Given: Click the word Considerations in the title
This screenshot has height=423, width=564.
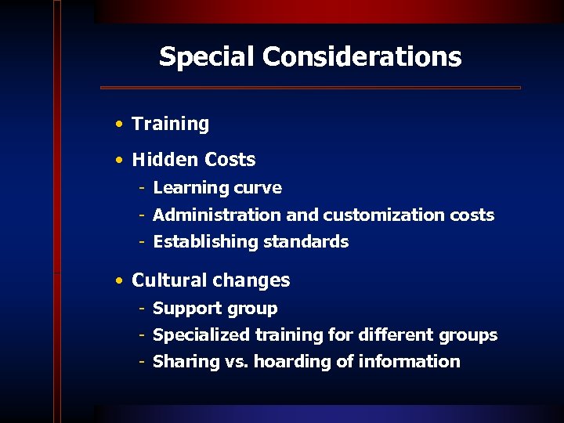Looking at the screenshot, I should point(362,57).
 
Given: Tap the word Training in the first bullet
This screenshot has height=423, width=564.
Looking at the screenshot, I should point(170,124).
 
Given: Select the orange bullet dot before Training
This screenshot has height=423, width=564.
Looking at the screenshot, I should point(117,124).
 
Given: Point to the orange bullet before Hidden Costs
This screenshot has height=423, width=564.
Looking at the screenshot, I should point(117,160).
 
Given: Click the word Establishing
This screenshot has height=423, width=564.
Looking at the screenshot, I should point(198,242).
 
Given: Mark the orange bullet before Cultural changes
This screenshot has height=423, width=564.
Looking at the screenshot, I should point(117,280).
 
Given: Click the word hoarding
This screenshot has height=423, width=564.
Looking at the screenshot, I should point(303,362).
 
